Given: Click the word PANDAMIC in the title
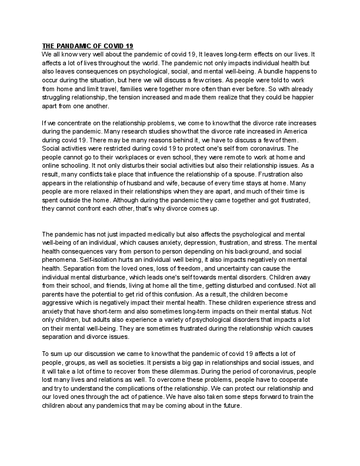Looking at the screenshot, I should tap(74, 46).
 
